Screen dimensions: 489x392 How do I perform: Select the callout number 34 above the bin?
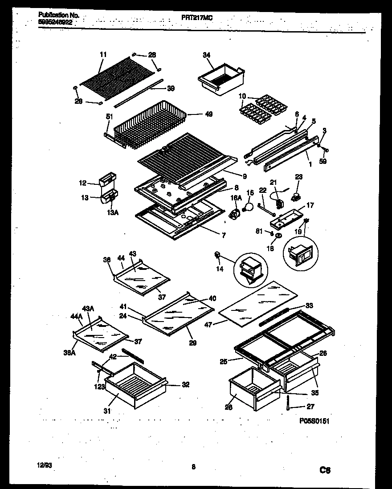pyautogui.click(x=206, y=55)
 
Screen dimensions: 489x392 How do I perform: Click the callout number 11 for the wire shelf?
pyautogui.click(x=103, y=54)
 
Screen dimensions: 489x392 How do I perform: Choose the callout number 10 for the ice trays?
pyautogui.click(x=242, y=96)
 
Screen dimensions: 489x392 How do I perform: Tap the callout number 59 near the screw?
pyautogui.click(x=323, y=161)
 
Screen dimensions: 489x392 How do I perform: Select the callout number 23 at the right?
pyautogui.click(x=299, y=177)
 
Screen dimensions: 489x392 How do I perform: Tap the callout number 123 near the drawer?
pyautogui.click(x=99, y=387)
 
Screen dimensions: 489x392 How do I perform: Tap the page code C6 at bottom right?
pyautogui.click(x=325, y=469)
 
